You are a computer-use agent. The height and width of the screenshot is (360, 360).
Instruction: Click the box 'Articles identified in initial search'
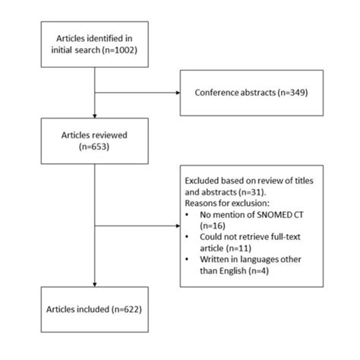[x=93, y=44]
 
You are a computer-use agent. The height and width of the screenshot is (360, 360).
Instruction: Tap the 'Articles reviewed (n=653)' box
[x=93, y=141]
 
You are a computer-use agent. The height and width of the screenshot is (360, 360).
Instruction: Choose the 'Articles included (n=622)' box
[x=93, y=311]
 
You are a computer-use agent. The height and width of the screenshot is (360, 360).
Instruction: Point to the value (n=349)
[x=292, y=95]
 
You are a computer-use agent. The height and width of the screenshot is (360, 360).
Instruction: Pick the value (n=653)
[x=93, y=147]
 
